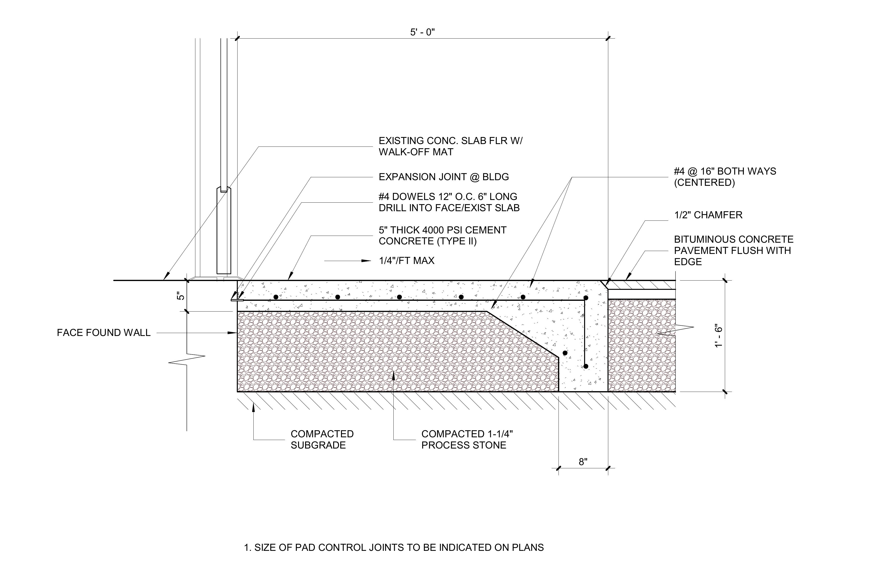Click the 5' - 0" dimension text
pyautogui.click(x=423, y=32)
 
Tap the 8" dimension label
pyautogui.click(x=583, y=462)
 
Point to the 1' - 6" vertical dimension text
pyautogui.click(x=718, y=337)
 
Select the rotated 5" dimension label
pyautogui.click(x=181, y=296)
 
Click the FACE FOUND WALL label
pyautogui.click(x=104, y=333)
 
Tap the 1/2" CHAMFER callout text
pyautogui.click(x=708, y=215)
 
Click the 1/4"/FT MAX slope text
pyautogui.click(x=407, y=261)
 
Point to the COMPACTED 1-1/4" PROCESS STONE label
pyautogui.click(x=467, y=439)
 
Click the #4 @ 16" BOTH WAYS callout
pyautogui.click(x=725, y=177)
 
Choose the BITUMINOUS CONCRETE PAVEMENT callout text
pyautogui.click(x=734, y=251)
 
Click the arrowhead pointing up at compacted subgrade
pyautogui.click(x=253, y=407)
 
